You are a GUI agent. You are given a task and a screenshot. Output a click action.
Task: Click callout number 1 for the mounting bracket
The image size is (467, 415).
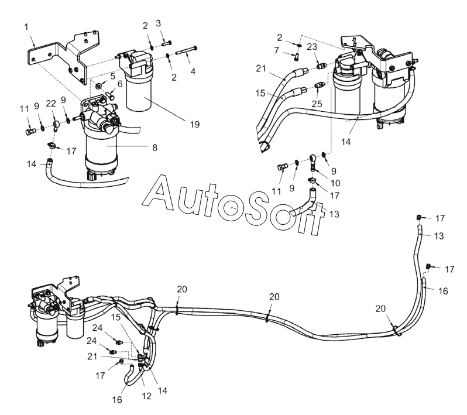(x=26, y=27)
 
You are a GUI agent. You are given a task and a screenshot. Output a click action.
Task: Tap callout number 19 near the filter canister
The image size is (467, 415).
(x=195, y=125)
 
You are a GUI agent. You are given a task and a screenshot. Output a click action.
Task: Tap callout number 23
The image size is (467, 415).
(x=276, y=50)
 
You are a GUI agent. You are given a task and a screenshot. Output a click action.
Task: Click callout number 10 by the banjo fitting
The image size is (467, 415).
(x=336, y=183)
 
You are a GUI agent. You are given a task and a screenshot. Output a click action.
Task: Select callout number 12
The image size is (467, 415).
(x=146, y=396)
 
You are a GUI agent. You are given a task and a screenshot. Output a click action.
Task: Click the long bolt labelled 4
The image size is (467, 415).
(x=187, y=51)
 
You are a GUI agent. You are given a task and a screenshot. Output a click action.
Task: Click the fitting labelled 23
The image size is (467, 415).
(x=321, y=66)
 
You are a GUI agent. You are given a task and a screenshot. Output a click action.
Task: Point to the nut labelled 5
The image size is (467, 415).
(x=98, y=86)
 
